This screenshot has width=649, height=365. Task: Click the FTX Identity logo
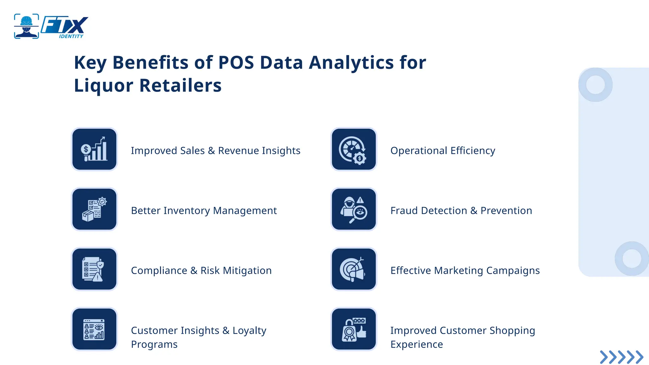[x=51, y=27]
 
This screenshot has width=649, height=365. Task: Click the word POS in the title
[x=236, y=63]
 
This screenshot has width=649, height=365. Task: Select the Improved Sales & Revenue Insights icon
[x=94, y=149]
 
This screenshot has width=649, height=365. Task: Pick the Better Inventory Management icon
[x=94, y=209]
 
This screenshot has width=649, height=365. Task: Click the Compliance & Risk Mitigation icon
[x=94, y=269]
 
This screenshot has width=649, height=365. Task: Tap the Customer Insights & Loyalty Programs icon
[x=94, y=329]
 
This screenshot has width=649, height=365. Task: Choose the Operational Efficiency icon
[x=354, y=149]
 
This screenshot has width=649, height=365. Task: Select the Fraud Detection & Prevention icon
[x=354, y=209]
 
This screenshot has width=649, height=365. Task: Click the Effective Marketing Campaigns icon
[x=354, y=269]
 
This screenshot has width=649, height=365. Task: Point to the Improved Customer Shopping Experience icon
[x=354, y=329]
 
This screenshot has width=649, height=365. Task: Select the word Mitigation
[x=247, y=271]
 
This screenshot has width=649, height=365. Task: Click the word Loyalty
[x=249, y=331]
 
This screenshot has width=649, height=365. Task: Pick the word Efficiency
[x=473, y=151]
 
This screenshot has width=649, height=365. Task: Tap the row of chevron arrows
[x=621, y=357]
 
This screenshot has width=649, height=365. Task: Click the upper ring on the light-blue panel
[x=595, y=85]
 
